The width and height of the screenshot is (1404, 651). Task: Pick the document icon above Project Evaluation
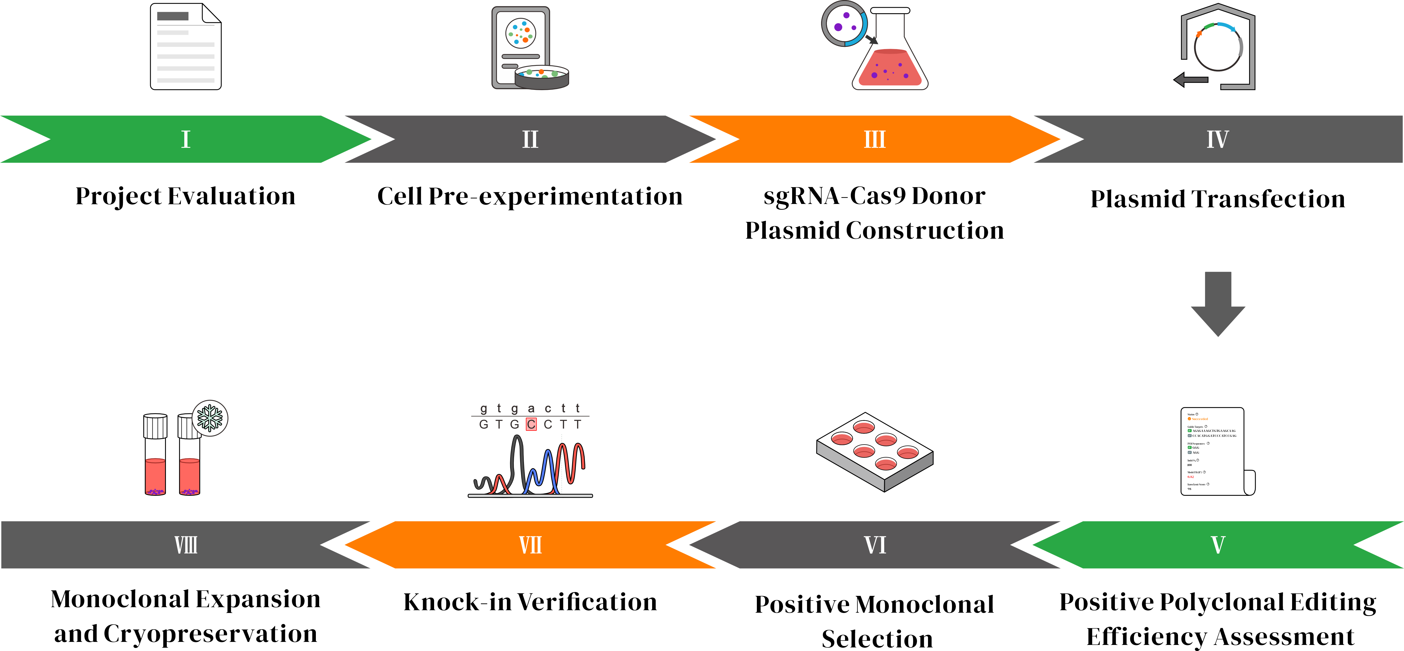(186, 46)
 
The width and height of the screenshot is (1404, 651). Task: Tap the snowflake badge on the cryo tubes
(210, 418)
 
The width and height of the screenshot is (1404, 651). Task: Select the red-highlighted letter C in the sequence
(531, 424)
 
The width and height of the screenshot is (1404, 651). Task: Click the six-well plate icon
(875, 451)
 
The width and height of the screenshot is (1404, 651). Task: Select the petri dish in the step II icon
(542, 77)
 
